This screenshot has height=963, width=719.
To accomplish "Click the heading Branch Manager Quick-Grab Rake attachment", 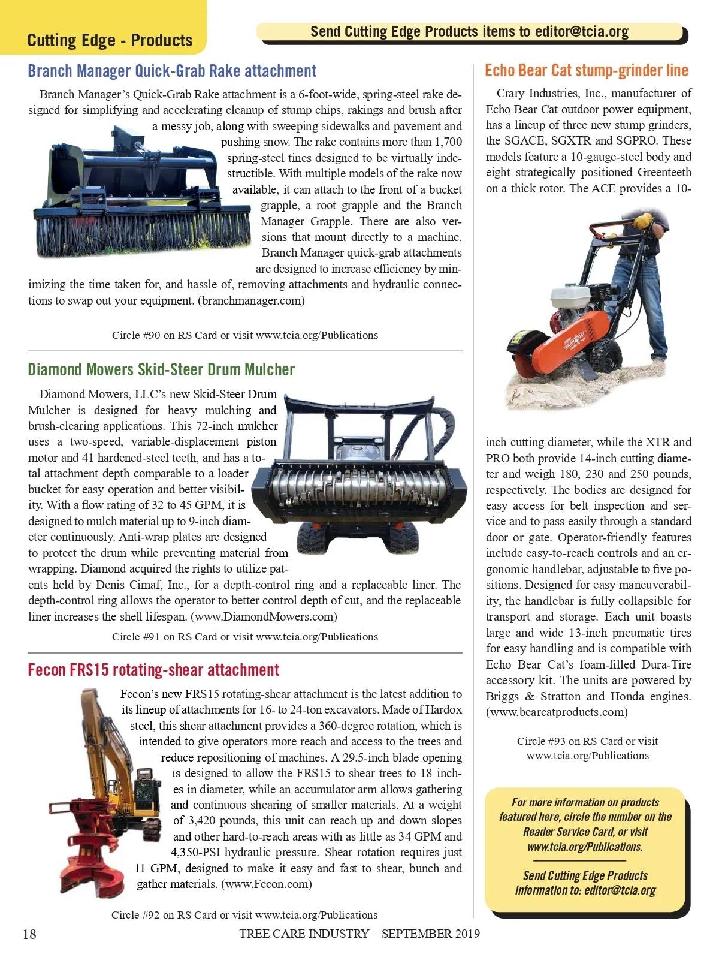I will (x=172, y=71).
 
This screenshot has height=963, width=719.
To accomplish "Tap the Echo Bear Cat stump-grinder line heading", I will (x=586, y=71).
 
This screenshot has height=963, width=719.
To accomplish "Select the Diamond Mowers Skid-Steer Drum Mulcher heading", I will (x=161, y=369).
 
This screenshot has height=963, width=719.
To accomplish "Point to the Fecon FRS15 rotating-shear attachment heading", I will (x=153, y=670).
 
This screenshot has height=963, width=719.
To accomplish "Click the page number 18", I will (x=29, y=934).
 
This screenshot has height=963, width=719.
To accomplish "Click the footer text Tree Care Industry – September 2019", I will (x=359, y=934).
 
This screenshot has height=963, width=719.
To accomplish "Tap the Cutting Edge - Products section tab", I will (x=110, y=40).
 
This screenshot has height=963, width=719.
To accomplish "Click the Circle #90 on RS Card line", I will (x=244, y=335).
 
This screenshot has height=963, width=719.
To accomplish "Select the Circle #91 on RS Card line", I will (x=244, y=637).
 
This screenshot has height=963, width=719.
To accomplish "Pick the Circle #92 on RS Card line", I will (x=244, y=915).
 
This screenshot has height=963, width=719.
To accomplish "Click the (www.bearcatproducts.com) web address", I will (x=557, y=712).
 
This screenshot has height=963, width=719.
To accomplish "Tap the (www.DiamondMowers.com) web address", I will (x=264, y=616).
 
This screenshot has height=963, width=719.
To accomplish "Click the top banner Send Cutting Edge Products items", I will (x=469, y=32).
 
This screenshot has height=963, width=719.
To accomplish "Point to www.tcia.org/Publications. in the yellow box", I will (x=585, y=847).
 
